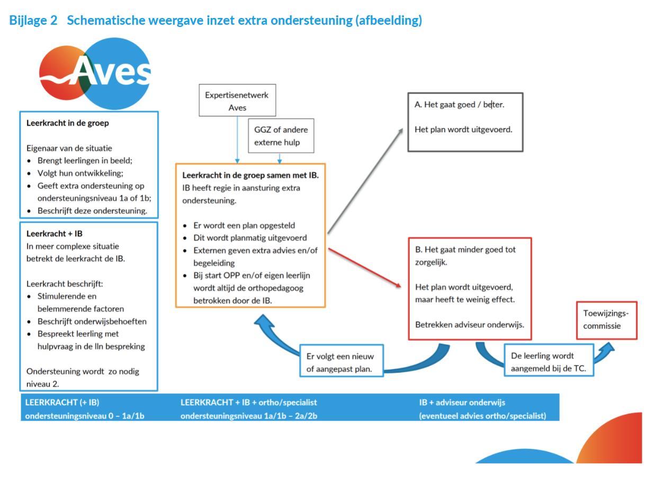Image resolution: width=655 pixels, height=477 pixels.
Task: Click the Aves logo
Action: tap(95, 73)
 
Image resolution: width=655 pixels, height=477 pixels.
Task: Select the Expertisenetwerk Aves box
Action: tap(237, 101)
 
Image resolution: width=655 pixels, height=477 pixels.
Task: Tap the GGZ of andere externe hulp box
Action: tap(281, 135)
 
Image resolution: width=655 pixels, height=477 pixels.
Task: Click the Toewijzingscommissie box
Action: tap(606, 319)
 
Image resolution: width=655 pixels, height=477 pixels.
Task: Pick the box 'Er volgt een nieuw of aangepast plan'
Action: tap(340, 362)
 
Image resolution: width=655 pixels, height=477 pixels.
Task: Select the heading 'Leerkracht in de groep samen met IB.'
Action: tap(250, 175)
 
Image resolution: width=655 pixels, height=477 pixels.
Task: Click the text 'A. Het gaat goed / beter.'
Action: tap(460, 105)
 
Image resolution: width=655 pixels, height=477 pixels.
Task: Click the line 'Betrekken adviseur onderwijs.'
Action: tap(470, 324)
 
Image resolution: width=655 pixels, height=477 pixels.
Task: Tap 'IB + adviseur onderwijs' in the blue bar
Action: tap(462, 402)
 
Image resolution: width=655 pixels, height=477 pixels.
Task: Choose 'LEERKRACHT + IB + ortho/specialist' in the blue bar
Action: tap(249, 402)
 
